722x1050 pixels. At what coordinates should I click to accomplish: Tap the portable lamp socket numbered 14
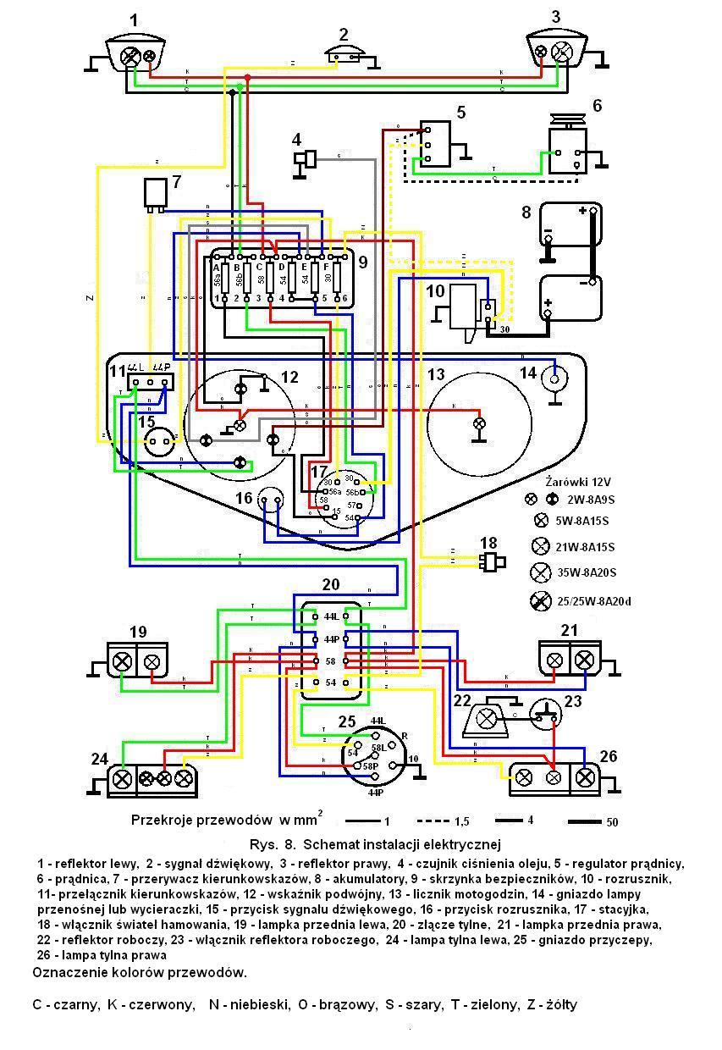[x=555, y=379]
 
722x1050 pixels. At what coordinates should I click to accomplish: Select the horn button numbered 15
[x=158, y=439]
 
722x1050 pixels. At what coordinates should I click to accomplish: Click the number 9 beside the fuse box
[x=362, y=262]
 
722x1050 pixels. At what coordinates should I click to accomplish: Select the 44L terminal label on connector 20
[x=330, y=617]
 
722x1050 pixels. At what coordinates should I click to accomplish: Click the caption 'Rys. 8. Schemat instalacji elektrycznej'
[x=375, y=844]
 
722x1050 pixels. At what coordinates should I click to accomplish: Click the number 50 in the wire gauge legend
[x=614, y=822]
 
